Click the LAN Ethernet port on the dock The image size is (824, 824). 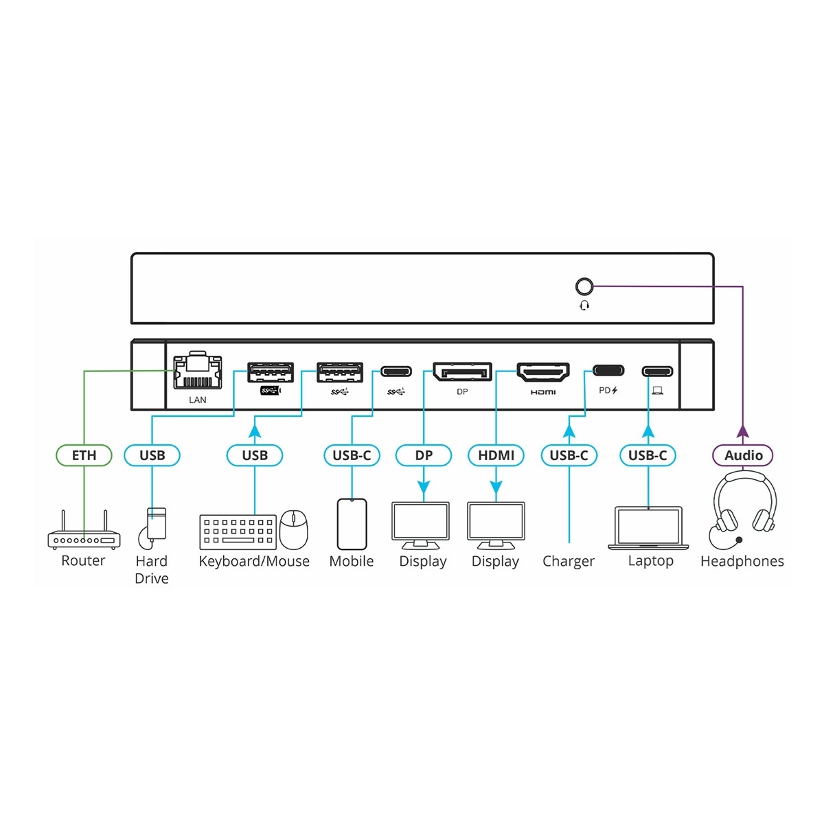tap(198, 373)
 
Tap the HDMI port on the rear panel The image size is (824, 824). tap(542, 372)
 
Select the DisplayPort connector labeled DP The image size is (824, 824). tap(462, 372)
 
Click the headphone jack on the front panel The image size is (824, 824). tap(584, 286)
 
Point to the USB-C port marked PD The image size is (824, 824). tap(608, 371)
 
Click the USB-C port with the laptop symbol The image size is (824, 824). tap(657, 372)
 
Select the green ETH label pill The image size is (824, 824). tap(84, 455)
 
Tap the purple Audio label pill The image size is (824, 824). tap(743, 455)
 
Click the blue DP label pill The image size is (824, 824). tap(424, 455)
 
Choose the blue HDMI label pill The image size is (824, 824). tap(496, 455)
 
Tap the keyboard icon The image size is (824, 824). tap(238, 532)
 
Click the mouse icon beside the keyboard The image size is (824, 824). tap(294, 529)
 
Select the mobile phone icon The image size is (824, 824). tap(352, 524)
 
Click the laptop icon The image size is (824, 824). tap(649, 528)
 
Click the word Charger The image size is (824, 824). tap(569, 561)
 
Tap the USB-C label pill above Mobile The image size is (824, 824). tap(352, 455)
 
